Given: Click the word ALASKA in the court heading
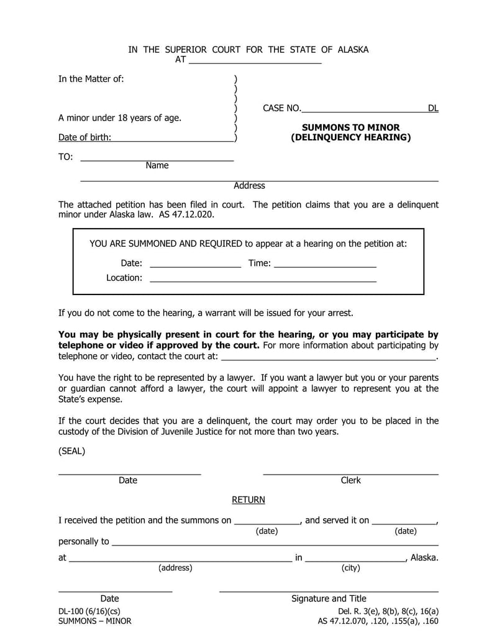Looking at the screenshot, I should coord(353,50).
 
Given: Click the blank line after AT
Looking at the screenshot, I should coord(254,60).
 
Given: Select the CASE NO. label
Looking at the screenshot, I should coord(281,108).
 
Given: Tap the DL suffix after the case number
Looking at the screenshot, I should coord(432,108).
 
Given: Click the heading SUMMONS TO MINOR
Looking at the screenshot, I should coord(351,127).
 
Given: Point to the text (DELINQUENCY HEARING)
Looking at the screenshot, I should coord(351,137).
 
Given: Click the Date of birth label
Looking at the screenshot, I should coord(84,137).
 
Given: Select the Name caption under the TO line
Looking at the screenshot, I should coord(157,165).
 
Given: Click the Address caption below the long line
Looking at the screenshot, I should coord(249,185).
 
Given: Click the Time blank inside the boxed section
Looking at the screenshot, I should coord(325,263).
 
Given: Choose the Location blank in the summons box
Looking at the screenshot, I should coord(263,278).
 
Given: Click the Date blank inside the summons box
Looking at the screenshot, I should coord(195,263).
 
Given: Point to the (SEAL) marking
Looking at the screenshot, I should coord(71,451).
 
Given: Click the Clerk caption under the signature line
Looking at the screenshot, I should coord(350,480).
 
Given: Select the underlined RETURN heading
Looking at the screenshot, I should coord(248,499).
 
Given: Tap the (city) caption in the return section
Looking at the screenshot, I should coord(350,567).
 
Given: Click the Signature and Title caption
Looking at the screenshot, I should coord(329,598).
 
